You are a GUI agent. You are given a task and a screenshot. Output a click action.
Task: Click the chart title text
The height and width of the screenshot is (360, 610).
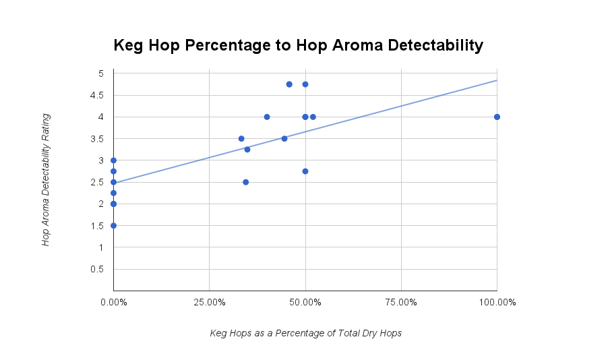pos(298,45)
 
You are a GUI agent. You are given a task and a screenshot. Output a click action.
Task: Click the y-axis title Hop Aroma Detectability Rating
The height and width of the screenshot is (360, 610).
pos(46,179)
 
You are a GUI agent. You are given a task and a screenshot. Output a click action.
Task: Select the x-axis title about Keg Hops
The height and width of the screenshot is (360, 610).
pos(305,333)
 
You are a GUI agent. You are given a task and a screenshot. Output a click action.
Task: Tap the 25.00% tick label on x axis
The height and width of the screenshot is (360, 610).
pos(209,302)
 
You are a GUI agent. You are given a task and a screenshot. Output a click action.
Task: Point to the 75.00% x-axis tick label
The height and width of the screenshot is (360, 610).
pos(401,302)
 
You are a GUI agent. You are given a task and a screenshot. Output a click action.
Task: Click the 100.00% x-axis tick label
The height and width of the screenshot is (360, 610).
pos(497,302)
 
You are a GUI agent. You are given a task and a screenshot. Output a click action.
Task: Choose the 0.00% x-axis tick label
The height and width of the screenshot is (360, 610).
pos(113,302)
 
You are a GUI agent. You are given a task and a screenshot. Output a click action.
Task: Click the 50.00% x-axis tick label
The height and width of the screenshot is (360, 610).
pos(305,302)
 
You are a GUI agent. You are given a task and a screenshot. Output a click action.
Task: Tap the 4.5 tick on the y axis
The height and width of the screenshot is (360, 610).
pos(97,95)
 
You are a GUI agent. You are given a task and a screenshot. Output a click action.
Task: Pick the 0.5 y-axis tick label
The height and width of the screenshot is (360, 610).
pos(97,269)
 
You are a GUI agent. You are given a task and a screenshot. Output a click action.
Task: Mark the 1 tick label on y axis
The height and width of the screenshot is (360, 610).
pos(100,247)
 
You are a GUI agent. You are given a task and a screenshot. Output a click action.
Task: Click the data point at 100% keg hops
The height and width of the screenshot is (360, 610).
pos(497,117)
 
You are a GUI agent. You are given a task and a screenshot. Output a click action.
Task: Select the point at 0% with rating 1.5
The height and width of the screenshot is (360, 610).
pos(113,225)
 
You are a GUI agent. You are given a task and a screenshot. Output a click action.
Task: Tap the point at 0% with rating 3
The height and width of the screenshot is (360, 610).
pos(113,160)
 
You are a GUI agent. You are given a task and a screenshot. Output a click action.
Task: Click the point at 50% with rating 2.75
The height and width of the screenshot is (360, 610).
pos(305,171)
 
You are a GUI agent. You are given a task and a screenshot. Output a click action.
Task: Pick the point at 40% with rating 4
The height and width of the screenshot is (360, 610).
pos(267,117)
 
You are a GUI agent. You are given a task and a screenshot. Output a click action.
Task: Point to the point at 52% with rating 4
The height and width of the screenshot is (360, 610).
pos(313,117)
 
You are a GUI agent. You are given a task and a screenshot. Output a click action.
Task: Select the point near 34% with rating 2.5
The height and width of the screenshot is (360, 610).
pos(245,182)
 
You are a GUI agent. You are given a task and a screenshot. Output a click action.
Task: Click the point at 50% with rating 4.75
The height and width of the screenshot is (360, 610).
pos(305,84)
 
